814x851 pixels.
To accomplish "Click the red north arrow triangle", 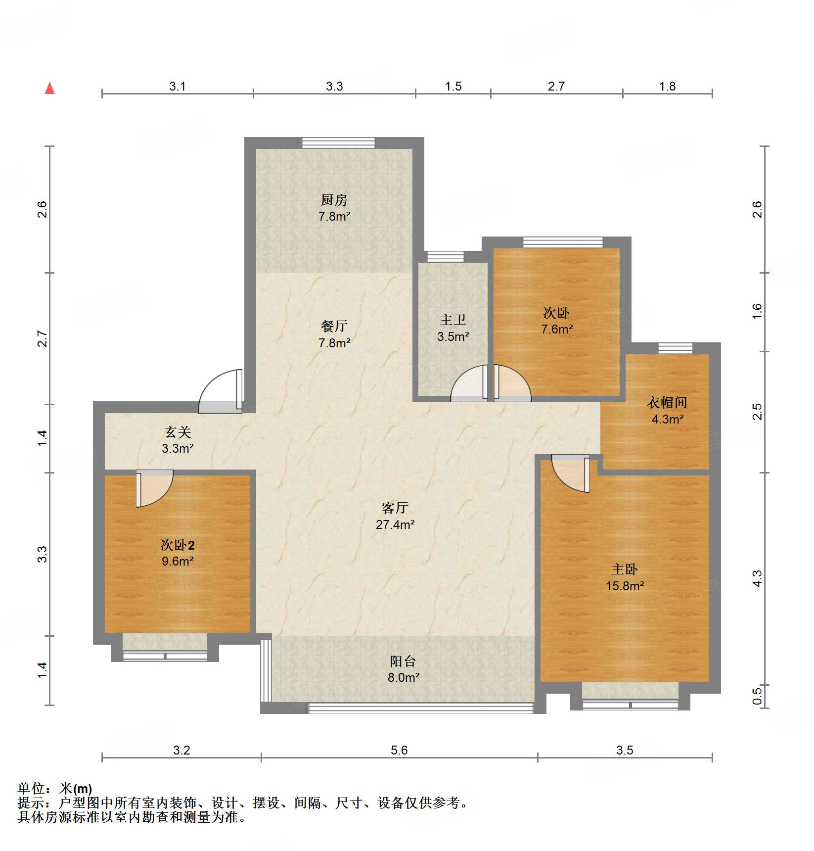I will (49, 89).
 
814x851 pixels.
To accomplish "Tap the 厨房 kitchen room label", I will (334, 200).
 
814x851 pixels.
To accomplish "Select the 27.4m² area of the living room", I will (395, 524).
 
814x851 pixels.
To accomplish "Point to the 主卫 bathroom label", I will (453, 320).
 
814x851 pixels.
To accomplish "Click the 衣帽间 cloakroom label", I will (667, 403).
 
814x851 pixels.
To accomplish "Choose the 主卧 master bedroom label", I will (625, 569).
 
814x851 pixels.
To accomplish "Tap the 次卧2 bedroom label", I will (178, 545).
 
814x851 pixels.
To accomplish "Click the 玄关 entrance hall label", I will (178, 432).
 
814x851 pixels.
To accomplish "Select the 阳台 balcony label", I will (403, 662).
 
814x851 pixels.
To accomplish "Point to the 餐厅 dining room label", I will (334, 327).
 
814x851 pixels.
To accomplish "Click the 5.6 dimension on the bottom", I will (399, 750).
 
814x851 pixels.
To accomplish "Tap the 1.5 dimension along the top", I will (453, 87).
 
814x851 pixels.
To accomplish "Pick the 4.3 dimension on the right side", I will (757, 578).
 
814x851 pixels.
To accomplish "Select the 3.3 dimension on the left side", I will (43, 554).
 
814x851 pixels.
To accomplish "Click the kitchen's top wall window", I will (339, 143).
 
